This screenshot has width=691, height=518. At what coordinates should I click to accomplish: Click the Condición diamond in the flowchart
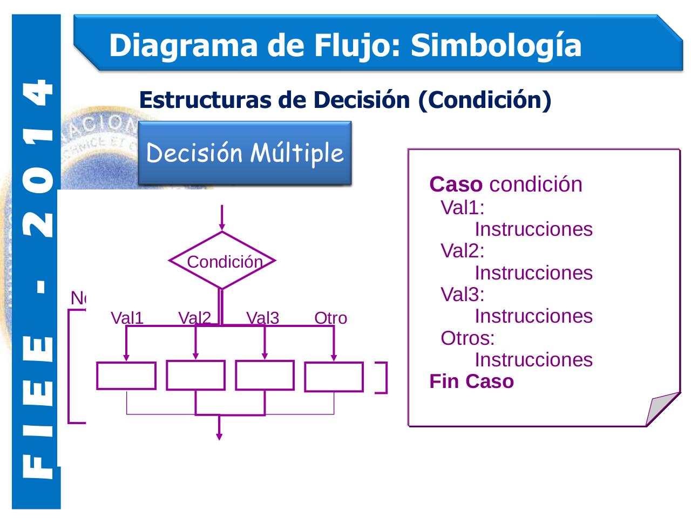(x=222, y=261)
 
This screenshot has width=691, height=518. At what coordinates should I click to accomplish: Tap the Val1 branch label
(x=127, y=318)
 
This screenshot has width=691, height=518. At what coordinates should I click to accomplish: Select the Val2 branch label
(x=194, y=318)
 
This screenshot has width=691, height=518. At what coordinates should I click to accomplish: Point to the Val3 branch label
(x=262, y=318)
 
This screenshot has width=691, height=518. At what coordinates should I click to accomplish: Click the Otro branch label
(x=330, y=318)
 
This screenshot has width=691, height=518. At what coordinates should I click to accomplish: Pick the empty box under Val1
(x=126, y=376)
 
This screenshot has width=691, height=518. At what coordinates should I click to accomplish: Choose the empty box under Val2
(x=195, y=375)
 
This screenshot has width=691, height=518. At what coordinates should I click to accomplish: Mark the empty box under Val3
(x=265, y=375)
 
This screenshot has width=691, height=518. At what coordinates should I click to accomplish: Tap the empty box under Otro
(x=334, y=377)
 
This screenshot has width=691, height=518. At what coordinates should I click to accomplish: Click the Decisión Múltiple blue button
(x=245, y=153)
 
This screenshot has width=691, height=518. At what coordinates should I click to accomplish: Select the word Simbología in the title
(x=496, y=45)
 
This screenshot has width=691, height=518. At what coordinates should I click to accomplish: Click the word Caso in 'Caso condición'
(x=456, y=185)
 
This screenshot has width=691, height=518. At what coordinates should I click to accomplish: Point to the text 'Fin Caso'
(x=471, y=381)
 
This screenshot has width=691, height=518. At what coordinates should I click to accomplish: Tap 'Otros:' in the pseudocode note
(x=468, y=338)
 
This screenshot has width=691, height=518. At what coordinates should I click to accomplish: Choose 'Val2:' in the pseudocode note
(x=463, y=251)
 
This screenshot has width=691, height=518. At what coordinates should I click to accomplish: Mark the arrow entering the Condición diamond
(x=222, y=219)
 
